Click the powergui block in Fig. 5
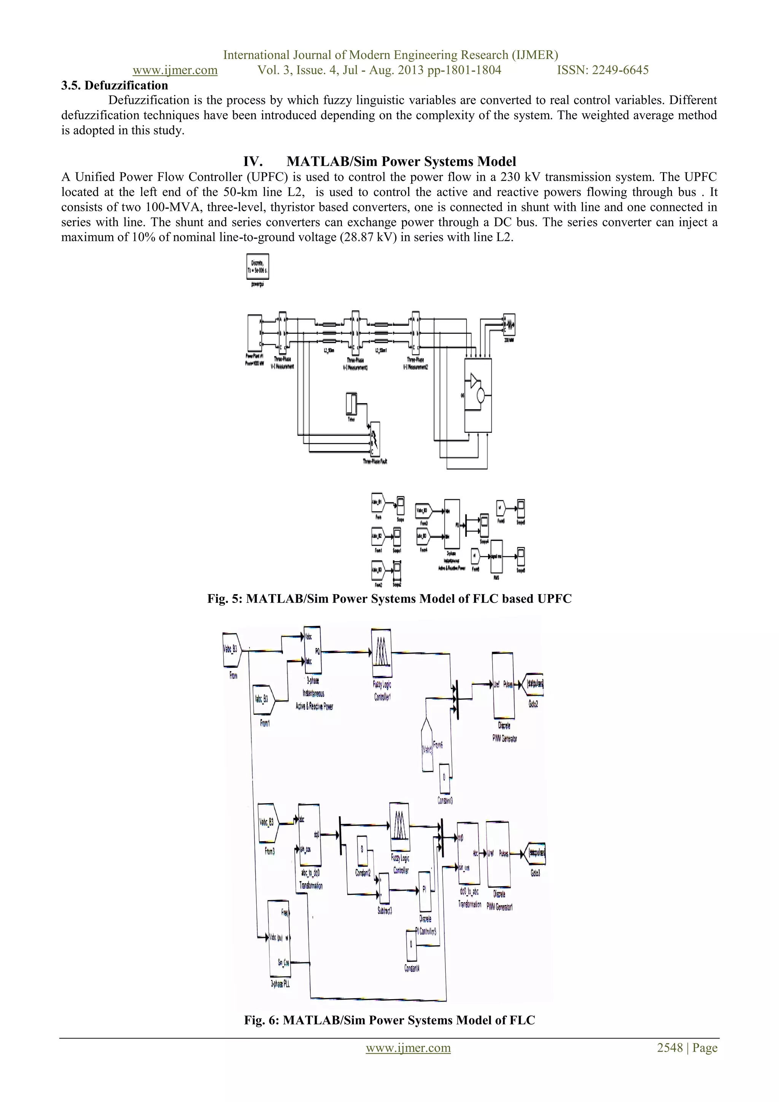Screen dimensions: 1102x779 258,266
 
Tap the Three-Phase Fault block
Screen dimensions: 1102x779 375,439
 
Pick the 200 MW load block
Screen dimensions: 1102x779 509,325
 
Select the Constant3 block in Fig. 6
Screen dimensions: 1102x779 444,778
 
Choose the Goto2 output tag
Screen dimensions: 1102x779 534,684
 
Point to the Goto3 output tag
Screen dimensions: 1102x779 536,853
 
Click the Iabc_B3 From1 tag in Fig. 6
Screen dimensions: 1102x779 263,699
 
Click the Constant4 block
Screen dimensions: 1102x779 410,944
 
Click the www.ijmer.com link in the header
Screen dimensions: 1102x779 175,70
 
